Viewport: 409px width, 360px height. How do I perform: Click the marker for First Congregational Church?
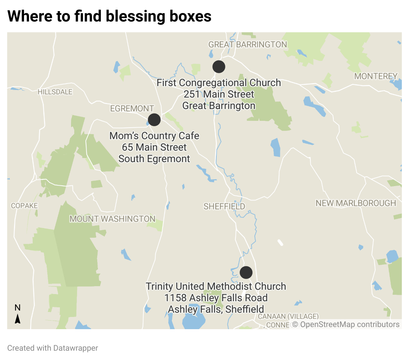pyautogui.click(x=218, y=67)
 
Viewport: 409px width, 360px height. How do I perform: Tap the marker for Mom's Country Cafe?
pyautogui.click(x=154, y=120)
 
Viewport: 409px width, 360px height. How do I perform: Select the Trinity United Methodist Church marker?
pyautogui.click(x=246, y=273)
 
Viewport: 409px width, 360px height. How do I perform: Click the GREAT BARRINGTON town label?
pyautogui.click(x=248, y=44)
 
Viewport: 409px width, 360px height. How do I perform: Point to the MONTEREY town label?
pyautogui.click(x=376, y=76)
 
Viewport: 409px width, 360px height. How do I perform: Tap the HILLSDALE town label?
pyautogui.click(x=55, y=92)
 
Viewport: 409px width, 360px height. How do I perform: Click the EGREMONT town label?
pyautogui.click(x=132, y=109)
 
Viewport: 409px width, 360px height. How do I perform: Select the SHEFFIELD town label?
pyautogui.click(x=224, y=207)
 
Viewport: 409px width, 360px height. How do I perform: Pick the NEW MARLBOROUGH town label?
pyautogui.click(x=356, y=203)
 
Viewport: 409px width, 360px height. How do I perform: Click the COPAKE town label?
pyautogui.click(x=24, y=206)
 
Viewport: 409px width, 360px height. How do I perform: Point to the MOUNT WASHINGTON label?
pyautogui.click(x=112, y=219)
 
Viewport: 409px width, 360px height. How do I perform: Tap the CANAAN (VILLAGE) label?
pyautogui.click(x=288, y=316)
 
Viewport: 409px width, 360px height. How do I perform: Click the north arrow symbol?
pyautogui.click(x=18, y=318)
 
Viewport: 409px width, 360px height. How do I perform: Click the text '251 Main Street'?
pyautogui.click(x=219, y=94)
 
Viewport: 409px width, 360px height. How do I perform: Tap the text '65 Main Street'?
pyautogui.click(x=154, y=147)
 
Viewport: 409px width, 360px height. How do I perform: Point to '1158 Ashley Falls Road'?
pyautogui.click(x=216, y=298)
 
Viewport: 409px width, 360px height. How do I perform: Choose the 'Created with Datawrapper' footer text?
pyautogui.click(x=53, y=348)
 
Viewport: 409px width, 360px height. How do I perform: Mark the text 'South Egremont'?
pyautogui.click(x=154, y=159)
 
